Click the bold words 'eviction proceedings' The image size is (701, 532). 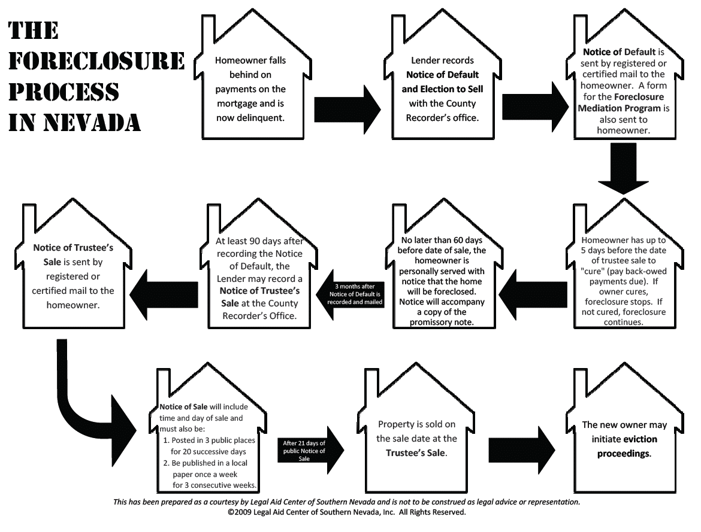coord(625,446)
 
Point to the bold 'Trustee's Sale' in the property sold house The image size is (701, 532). coord(416,452)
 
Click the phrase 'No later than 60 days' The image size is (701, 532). coord(443,240)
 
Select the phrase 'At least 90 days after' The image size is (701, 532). coord(259,242)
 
